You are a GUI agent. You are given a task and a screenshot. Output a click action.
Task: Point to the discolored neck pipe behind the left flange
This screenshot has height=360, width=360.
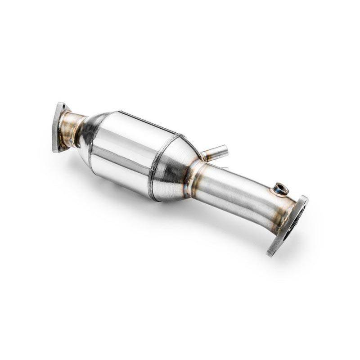(x=72, y=127)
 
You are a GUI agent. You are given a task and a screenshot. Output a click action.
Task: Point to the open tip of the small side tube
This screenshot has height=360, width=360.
(x=223, y=148)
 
